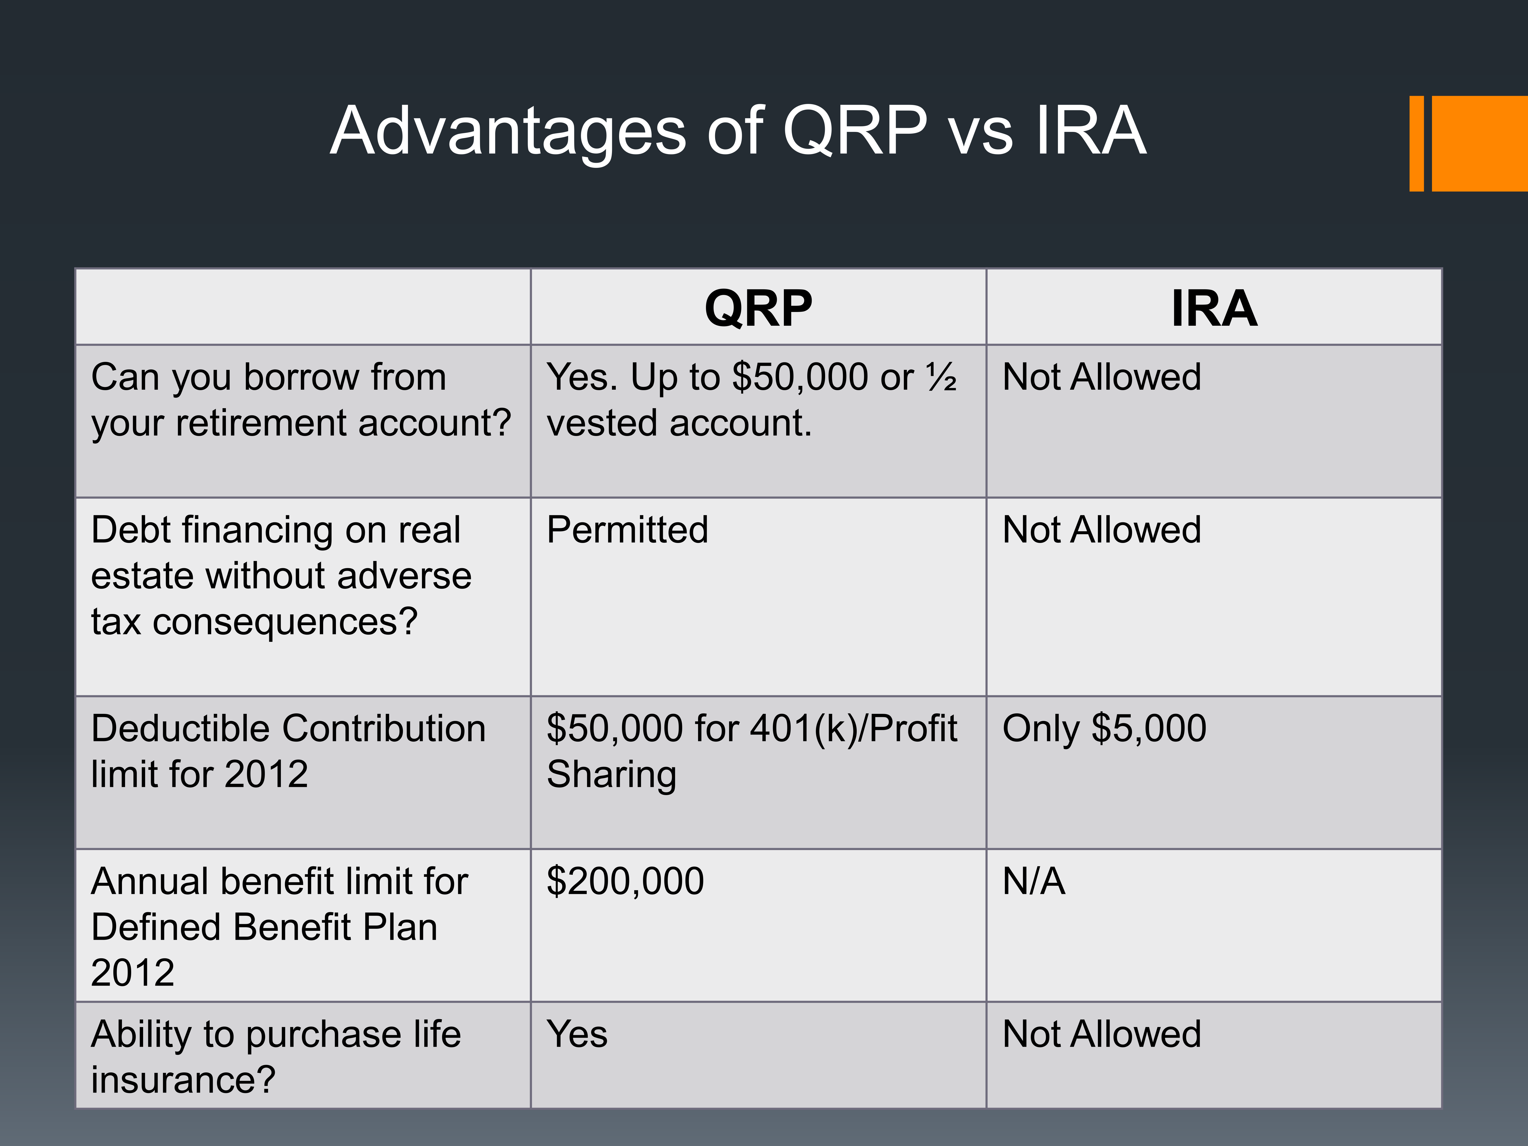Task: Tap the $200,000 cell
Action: tap(625, 881)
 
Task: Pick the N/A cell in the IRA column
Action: tap(1033, 881)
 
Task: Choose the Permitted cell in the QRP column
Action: tap(627, 530)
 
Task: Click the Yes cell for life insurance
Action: tap(577, 1034)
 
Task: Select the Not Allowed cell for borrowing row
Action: tap(1102, 377)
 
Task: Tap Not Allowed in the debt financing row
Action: tap(1102, 530)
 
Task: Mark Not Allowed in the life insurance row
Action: tap(1102, 1034)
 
